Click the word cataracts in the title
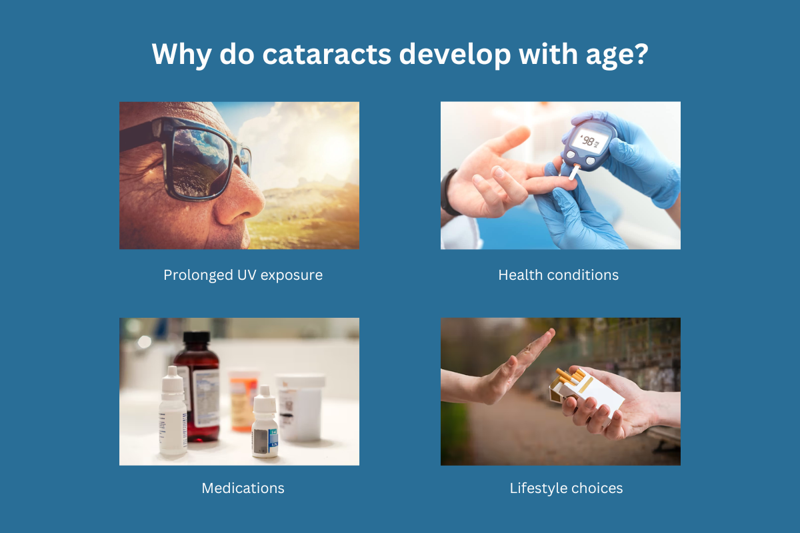point(325,54)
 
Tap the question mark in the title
point(639,54)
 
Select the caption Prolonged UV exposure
point(243,274)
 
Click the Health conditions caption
point(559,274)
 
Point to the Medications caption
point(243,488)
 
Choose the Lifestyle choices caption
point(566,488)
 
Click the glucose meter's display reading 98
point(588,141)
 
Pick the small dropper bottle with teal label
point(265,426)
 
